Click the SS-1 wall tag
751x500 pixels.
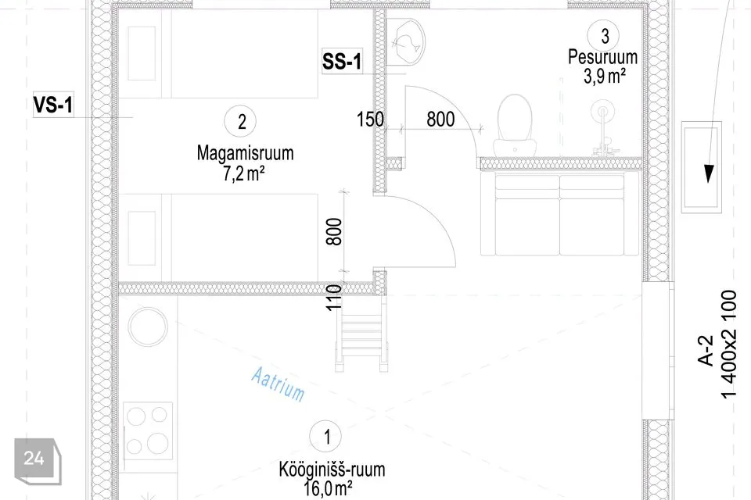(342, 62)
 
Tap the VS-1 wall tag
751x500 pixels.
(53, 105)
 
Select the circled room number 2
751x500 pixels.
(241, 121)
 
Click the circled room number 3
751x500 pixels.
(603, 35)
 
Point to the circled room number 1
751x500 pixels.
(325, 437)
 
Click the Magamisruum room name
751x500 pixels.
(245, 153)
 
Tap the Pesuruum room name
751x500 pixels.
(603, 57)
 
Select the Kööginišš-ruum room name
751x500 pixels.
(332, 470)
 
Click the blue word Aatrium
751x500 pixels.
(278, 384)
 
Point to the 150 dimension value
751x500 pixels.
(370, 119)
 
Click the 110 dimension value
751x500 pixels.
(334, 298)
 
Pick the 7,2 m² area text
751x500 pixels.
(244, 173)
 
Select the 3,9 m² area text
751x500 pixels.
(605, 76)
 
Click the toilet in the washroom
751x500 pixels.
(515, 124)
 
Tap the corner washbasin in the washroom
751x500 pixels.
(406, 43)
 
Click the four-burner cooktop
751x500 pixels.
(148, 430)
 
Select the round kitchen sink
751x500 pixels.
(148, 327)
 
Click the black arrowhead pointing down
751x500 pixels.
(709, 173)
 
